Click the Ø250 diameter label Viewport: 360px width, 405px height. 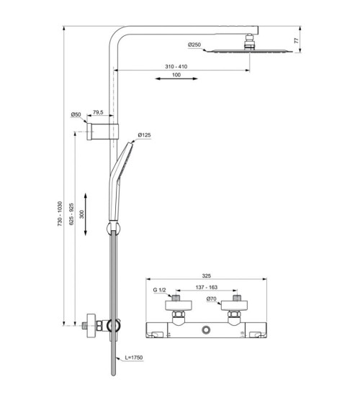[195, 45]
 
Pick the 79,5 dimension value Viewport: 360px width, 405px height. [98, 113]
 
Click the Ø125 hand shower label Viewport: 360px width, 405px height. [144, 135]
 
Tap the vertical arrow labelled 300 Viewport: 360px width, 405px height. [86, 214]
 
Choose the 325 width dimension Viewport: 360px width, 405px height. [207, 276]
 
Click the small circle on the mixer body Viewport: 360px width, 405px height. [207, 330]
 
